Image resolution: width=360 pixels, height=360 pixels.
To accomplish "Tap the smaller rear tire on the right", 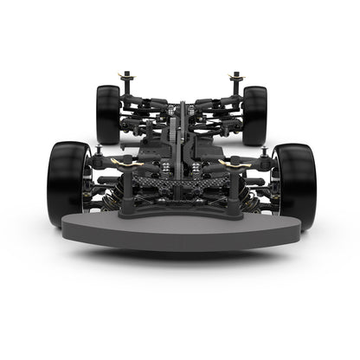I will tap(254, 114).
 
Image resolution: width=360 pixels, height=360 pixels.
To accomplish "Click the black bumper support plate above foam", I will tap(180, 208).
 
